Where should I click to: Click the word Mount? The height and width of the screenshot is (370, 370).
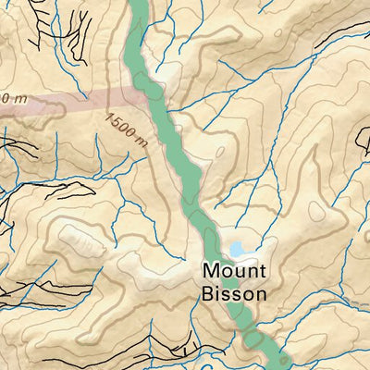234,272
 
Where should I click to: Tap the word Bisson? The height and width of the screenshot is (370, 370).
233,293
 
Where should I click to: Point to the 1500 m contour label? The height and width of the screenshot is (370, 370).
127,129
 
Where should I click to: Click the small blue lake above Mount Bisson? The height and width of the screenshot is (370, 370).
238,250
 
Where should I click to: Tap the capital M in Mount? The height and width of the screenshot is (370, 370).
209,272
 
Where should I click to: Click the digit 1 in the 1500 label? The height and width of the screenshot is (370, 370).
109,117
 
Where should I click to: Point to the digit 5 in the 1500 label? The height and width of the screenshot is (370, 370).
116,122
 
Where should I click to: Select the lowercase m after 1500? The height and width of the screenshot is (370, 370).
142,142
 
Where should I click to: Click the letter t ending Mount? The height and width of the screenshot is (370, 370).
263,272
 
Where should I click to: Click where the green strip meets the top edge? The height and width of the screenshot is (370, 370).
137,3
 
